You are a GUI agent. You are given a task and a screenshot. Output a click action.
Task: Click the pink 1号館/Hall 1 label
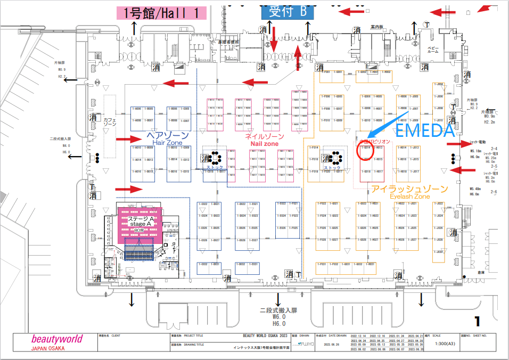pos(161,13)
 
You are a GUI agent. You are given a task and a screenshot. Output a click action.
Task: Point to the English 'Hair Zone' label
pos(168,143)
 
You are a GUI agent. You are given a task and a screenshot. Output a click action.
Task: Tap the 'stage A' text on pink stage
pos(140,224)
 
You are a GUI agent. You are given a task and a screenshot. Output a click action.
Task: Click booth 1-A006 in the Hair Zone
pos(137,109)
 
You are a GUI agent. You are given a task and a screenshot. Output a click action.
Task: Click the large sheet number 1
pos(477,321)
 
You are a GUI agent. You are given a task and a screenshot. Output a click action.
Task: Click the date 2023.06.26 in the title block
pos(328,345)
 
